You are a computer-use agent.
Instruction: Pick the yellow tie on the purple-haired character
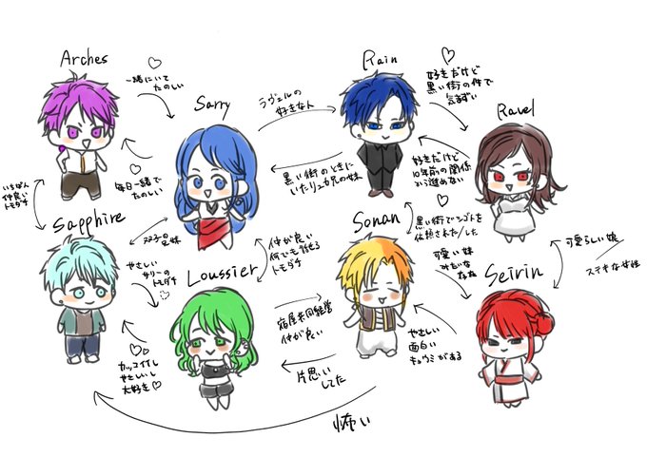[x=88, y=172]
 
